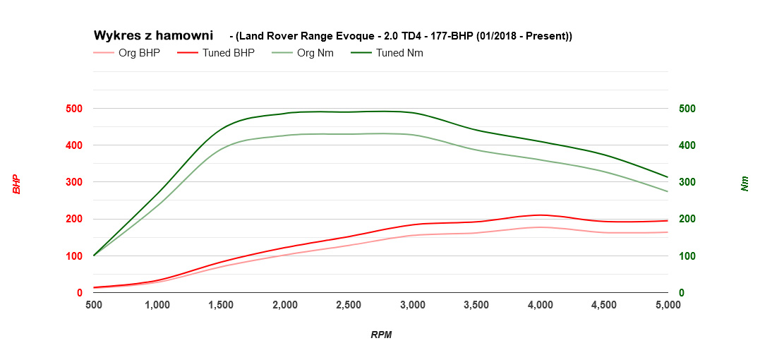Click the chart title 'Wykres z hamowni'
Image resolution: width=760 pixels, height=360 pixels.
[x=153, y=35]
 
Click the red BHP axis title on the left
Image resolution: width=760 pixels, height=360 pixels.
[x=16, y=185]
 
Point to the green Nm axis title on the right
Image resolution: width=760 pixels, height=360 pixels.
[x=744, y=185]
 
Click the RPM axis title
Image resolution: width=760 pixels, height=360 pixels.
[x=381, y=335]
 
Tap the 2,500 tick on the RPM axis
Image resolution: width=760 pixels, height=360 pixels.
[x=349, y=305]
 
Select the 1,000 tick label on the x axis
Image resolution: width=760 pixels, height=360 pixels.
[x=157, y=305]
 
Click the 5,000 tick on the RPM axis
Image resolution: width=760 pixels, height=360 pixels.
[x=668, y=305]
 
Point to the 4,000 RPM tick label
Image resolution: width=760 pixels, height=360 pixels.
[x=540, y=305]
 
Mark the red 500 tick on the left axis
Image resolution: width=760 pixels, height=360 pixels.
[x=74, y=109]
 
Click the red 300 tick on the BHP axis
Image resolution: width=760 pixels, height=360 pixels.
[x=74, y=182]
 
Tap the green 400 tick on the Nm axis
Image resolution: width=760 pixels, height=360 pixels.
[x=687, y=145]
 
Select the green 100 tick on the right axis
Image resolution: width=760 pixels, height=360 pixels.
[x=687, y=256]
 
